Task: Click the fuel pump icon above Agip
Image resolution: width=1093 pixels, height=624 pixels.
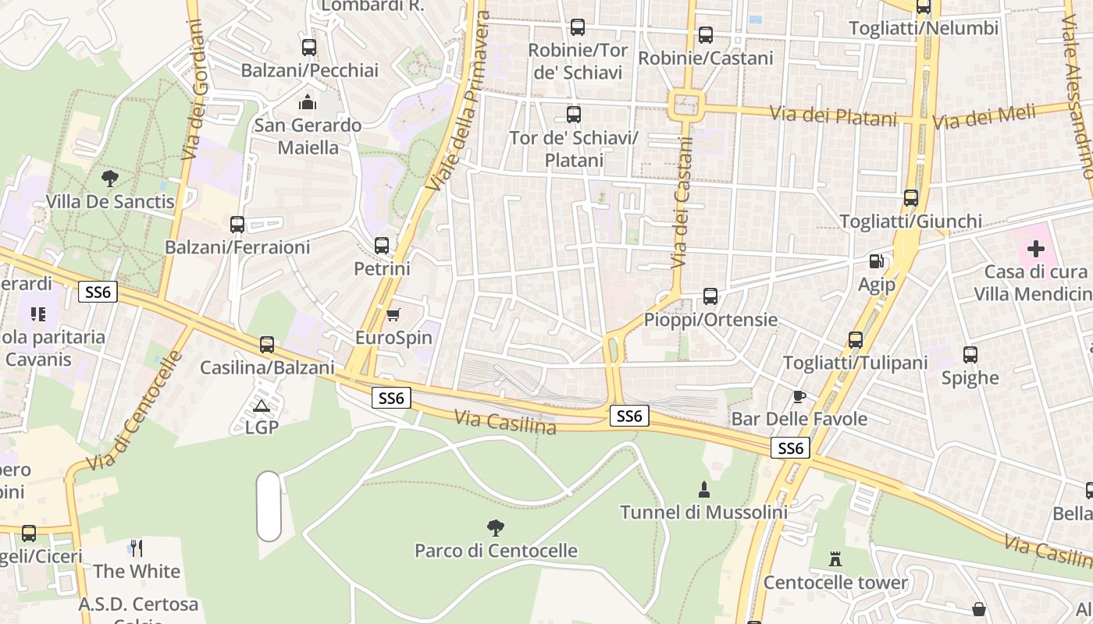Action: [x=877, y=261]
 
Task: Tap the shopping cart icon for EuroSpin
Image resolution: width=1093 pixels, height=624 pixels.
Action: [x=393, y=314]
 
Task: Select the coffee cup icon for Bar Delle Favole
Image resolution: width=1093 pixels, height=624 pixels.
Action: [x=799, y=396]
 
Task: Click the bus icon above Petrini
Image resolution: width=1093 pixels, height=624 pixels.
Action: [x=382, y=245]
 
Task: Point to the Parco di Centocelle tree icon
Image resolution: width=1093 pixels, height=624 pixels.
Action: [x=495, y=528]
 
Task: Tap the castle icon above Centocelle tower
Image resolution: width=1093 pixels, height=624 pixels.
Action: [x=835, y=558]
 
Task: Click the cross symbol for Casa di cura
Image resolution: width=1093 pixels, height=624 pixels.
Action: [x=1035, y=249]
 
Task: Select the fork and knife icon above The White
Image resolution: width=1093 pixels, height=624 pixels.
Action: [x=137, y=548]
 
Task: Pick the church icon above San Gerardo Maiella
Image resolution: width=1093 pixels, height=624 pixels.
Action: [x=308, y=102]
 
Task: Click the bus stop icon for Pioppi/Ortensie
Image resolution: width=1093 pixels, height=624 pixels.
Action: [x=710, y=296]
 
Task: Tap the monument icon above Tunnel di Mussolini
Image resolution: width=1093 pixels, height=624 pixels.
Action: [x=704, y=490]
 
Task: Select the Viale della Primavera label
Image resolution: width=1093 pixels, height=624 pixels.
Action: [x=459, y=101]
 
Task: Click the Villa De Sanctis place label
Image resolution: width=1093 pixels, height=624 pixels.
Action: [x=110, y=202]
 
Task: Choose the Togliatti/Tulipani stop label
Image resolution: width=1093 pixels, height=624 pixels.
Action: [x=855, y=363]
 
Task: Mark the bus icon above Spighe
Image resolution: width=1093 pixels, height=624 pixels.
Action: [x=970, y=355]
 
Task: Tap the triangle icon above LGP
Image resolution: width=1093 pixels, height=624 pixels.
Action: [x=262, y=406]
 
